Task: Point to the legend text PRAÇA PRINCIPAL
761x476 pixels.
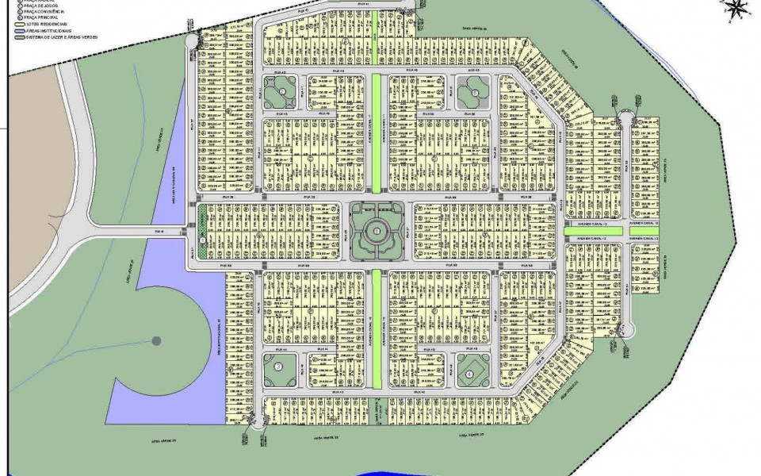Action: coord(39,17)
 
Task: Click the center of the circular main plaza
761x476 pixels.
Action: coord(377,231)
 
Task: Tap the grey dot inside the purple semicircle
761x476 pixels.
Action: coord(156,341)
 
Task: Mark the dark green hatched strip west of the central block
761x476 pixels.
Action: coord(202,231)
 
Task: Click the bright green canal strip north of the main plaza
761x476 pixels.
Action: coord(377,133)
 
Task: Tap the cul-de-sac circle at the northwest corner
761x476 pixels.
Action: coord(193,40)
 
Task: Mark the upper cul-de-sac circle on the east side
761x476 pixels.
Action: coord(623,120)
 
